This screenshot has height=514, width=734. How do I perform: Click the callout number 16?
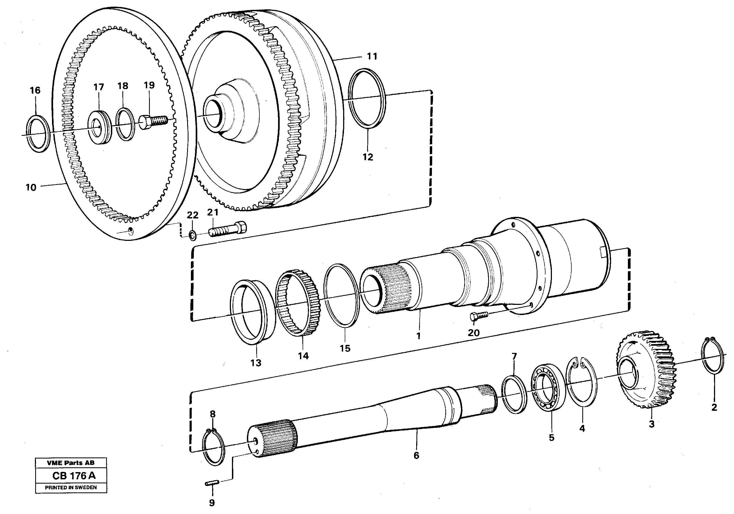[x=35, y=90]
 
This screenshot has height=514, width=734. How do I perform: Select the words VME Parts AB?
[x=70, y=463]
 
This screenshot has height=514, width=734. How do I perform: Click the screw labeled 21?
[x=228, y=230]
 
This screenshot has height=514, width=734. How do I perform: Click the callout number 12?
[x=368, y=157]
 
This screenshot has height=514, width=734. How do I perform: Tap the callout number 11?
[x=372, y=57]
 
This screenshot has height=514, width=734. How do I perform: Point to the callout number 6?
[x=416, y=456]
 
